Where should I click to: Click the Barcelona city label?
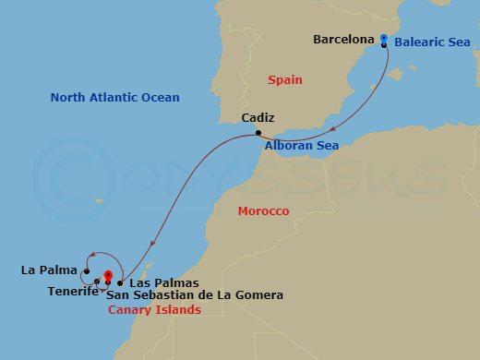click(x=343, y=40)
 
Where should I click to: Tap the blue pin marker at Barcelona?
click(x=383, y=38)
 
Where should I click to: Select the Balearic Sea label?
click(x=432, y=42)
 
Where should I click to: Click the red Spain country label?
click(x=285, y=80)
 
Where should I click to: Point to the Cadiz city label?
click(x=258, y=118)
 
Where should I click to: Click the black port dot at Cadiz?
click(x=258, y=135)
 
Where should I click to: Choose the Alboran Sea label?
click(x=301, y=146)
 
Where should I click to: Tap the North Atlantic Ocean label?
click(x=114, y=97)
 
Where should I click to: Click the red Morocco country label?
click(x=263, y=211)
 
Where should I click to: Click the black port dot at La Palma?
click(x=86, y=270)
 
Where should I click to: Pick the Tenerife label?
click(x=73, y=292)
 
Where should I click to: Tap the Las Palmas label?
click(x=164, y=282)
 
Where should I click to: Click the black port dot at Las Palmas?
click(x=120, y=282)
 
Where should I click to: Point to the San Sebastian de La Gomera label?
click(x=195, y=294)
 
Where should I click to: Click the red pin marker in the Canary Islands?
click(x=108, y=275)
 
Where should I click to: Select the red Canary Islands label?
click(x=154, y=310)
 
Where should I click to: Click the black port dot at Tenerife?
click(x=97, y=282)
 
